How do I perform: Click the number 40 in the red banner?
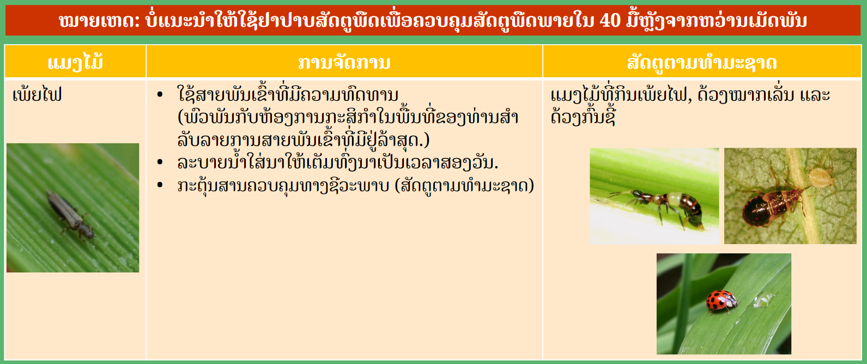click(610, 20)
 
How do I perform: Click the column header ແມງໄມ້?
click(76, 62)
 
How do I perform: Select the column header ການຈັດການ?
click(344, 63)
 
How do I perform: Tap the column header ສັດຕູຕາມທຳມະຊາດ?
click(702, 63)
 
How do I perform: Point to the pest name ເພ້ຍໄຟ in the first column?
click(37, 94)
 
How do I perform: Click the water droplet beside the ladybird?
click(763, 300)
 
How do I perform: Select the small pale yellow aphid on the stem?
click(821, 177)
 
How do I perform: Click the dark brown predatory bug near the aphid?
click(768, 203)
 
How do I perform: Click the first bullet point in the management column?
click(160, 94)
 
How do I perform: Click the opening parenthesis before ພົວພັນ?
click(180, 117)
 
